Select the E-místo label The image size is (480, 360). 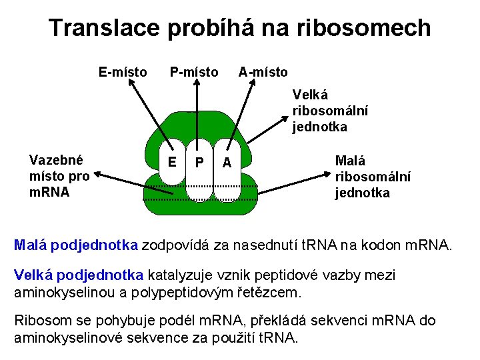point(123,71)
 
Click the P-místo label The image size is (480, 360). point(193,71)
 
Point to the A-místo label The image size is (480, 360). point(263,71)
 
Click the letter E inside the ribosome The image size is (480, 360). point(172,161)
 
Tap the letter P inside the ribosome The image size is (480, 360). point(199,163)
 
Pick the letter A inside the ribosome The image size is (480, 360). point(227,163)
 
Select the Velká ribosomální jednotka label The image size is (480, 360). point(330,111)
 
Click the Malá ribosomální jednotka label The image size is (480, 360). point(372,177)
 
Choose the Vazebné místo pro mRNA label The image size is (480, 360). point(59,176)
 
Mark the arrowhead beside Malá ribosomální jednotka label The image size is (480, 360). point(329,175)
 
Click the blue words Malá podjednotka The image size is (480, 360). point(76,245)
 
